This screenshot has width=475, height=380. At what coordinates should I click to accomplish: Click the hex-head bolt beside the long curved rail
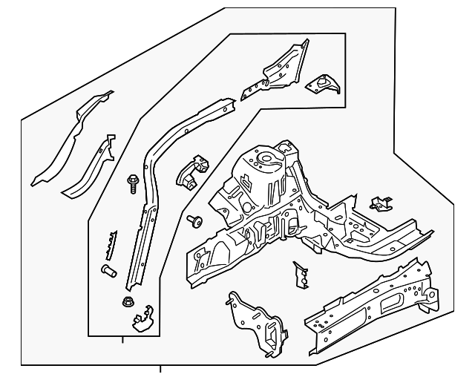[132, 181]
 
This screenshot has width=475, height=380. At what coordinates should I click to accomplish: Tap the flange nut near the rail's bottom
[125, 302]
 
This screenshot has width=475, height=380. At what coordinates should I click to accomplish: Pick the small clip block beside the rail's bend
[191, 172]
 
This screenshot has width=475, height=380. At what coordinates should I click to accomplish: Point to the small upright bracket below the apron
[301, 275]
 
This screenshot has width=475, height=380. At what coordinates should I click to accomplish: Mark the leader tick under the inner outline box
[122, 341]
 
